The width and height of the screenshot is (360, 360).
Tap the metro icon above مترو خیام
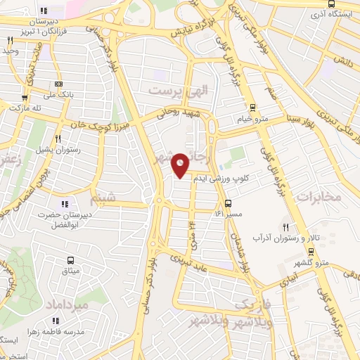pos(252,108)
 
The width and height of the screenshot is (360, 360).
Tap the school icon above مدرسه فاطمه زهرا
pos(67,321)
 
